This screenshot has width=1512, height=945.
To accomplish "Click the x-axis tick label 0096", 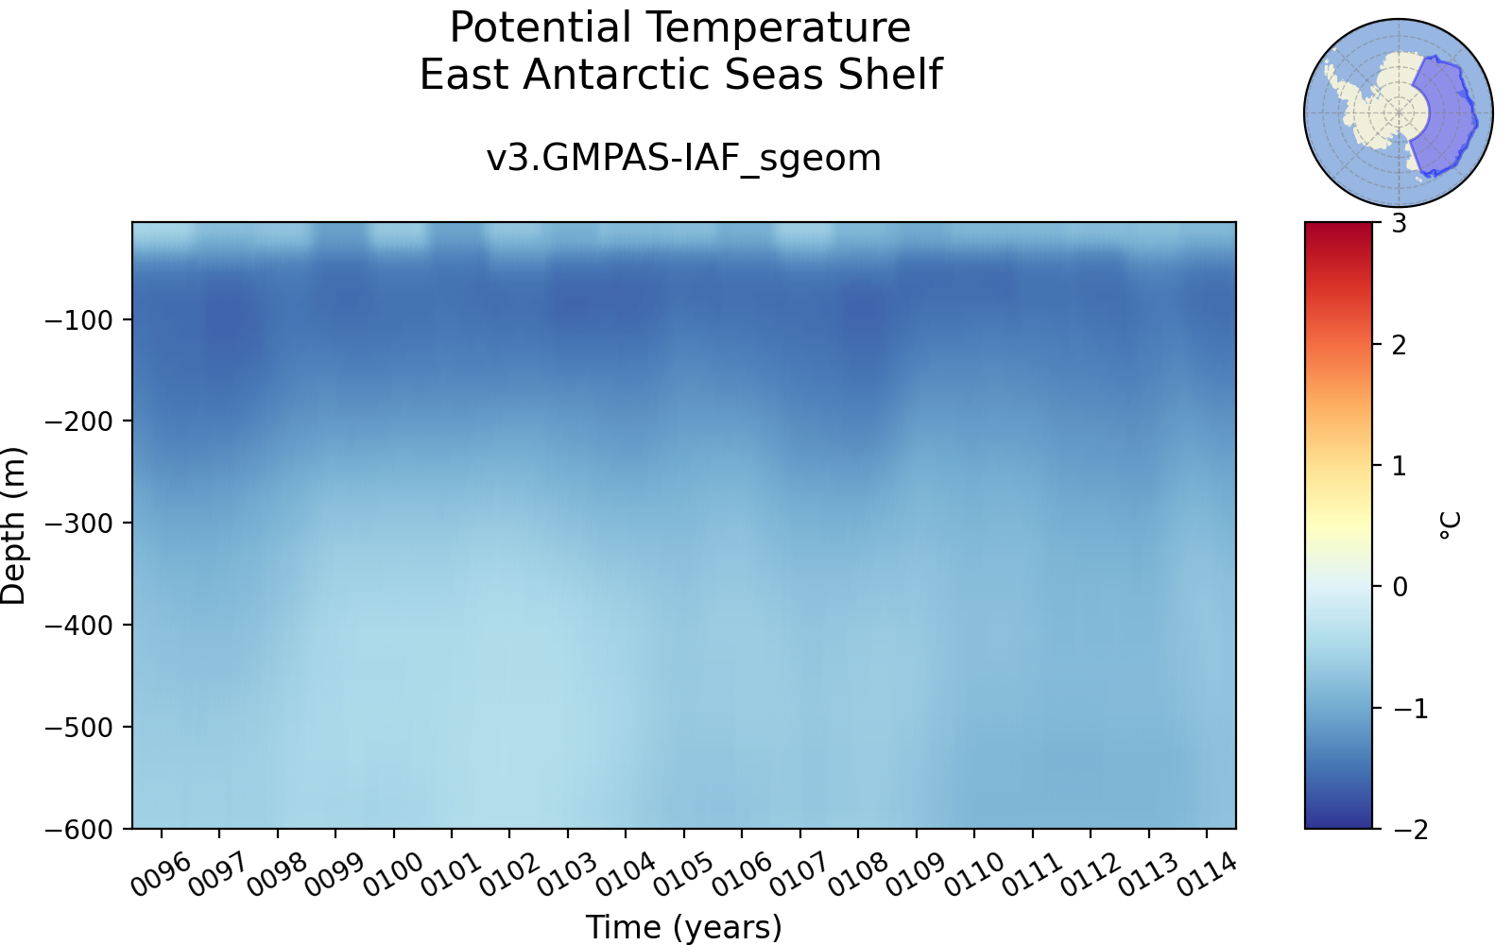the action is tap(160, 875).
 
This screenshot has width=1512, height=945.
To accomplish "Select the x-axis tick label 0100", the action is tap(393, 875).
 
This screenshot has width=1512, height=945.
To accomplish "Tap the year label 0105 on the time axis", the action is tap(683, 875).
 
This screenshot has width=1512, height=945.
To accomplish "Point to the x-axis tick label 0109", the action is tap(916, 875).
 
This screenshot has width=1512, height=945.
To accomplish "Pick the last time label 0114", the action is tap(1206, 875).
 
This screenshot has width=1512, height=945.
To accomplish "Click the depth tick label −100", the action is tap(78, 320).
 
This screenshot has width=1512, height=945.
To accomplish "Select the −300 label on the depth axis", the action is tap(78, 524).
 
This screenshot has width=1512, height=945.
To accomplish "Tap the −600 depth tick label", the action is tap(78, 829).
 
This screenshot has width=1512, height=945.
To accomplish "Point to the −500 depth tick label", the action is tap(78, 727).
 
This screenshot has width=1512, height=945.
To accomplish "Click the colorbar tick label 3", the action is tap(1400, 223).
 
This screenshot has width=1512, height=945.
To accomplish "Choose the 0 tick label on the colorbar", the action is tap(1400, 587).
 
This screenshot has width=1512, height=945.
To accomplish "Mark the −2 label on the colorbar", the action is tap(1410, 830).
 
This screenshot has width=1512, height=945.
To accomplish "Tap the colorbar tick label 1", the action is tap(1400, 466).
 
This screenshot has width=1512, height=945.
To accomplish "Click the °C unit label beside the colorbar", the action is tap(1450, 525).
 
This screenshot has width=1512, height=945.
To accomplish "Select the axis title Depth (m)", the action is tap(13, 525).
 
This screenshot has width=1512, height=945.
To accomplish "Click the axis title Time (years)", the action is tap(683, 927).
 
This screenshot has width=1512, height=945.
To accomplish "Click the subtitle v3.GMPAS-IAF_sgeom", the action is tap(683, 159).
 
